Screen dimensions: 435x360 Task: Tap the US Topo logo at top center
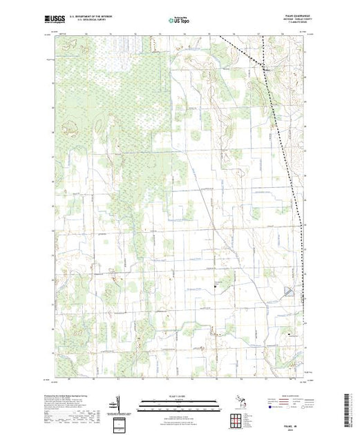coord(178,19)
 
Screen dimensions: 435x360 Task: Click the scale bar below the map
coord(178,403)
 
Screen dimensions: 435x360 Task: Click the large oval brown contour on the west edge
coord(69,127)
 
